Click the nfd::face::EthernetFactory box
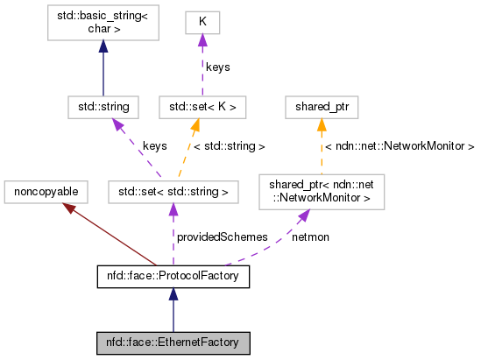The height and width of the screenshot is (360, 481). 173,342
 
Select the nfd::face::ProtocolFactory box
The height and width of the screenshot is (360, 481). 173,278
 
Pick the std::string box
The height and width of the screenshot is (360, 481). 103,107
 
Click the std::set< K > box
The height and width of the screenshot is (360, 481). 202,107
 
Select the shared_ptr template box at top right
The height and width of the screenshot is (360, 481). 322,107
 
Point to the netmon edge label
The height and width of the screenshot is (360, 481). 310,236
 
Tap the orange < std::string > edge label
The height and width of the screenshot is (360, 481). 230,147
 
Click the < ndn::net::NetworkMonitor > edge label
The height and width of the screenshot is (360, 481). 400,146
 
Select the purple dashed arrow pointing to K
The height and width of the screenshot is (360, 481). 202,66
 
